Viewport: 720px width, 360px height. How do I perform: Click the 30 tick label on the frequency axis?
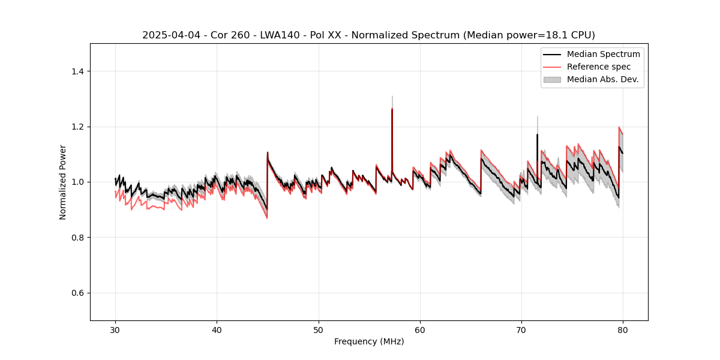[x=115, y=329]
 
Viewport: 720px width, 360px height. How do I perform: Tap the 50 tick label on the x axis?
[x=319, y=329]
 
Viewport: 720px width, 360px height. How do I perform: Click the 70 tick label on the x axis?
[x=521, y=329]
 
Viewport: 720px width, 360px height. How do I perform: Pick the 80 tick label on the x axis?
[x=623, y=329]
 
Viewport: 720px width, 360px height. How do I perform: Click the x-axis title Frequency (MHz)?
[x=369, y=341]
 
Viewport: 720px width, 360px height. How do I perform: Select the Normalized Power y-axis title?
[x=63, y=182]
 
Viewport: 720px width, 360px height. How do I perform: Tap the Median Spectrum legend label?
[x=603, y=54]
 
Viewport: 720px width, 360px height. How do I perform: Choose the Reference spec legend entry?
[x=599, y=67]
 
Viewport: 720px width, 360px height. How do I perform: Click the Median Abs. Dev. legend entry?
[x=602, y=79]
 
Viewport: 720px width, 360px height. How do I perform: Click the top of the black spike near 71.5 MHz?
[x=537, y=134]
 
